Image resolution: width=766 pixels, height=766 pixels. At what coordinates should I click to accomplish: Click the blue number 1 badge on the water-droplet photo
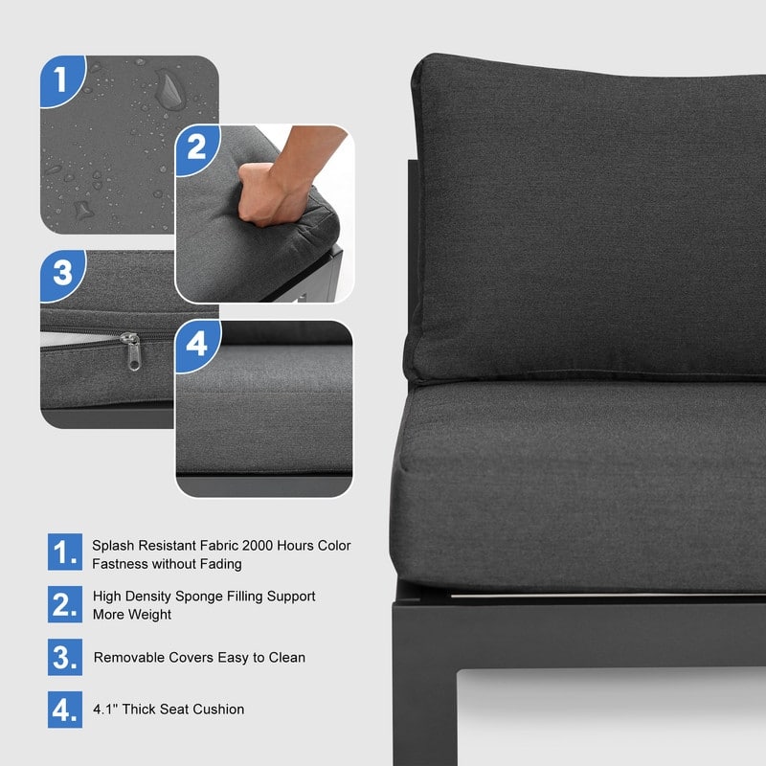tap(61, 79)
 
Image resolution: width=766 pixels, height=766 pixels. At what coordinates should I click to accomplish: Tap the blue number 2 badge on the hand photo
tap(196, 148)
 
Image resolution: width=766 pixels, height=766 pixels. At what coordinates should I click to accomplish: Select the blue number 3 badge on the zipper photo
tap(61, 274)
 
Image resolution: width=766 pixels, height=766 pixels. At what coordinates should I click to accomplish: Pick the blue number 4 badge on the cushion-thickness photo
tap(196, 345)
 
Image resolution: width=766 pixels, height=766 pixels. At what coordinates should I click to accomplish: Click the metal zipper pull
tap(131, 350)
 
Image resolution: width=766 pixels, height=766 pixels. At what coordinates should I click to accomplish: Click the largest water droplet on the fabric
tap(170, 89)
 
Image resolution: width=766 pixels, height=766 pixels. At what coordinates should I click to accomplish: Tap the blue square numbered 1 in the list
tap(65, 552)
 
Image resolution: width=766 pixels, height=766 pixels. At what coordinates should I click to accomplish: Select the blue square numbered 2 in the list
tap(65, 604)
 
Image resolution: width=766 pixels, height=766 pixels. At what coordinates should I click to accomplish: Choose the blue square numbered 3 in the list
tap(65, 657)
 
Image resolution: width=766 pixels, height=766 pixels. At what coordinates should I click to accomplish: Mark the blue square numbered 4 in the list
tap(65, 710)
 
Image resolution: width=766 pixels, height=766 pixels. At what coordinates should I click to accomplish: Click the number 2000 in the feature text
tap(257, 545)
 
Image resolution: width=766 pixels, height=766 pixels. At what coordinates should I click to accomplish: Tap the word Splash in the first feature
tap(113, 546)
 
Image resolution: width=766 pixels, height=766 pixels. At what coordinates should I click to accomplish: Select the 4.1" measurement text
tap(105, 709)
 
